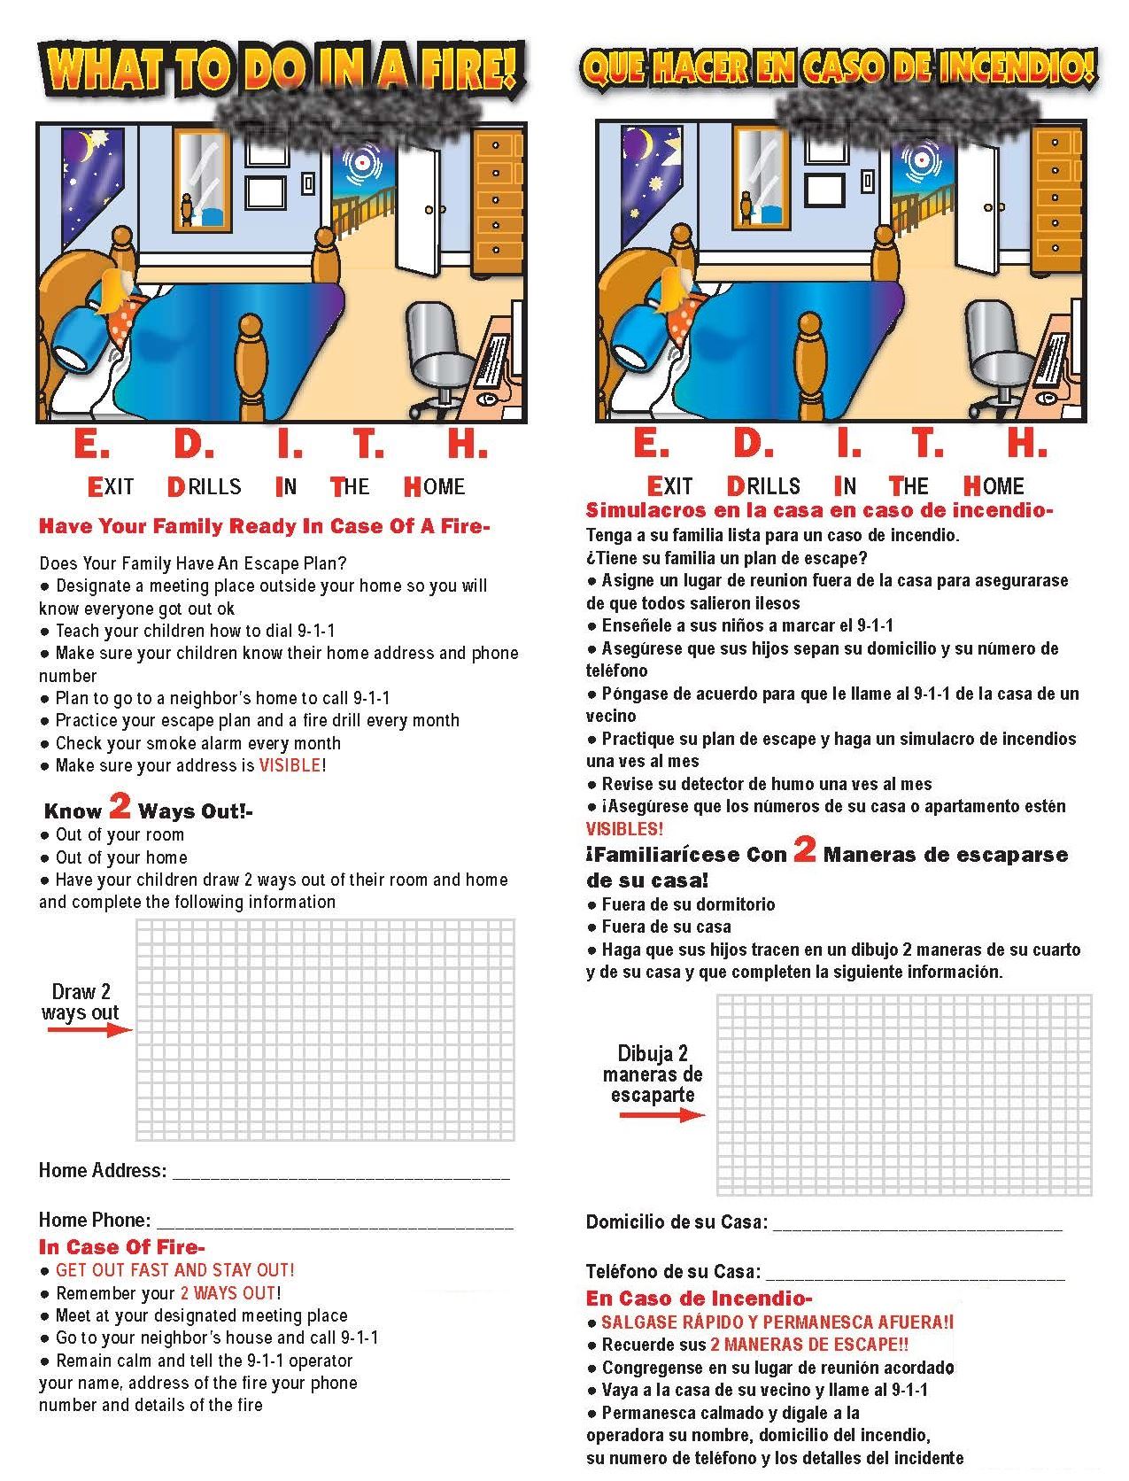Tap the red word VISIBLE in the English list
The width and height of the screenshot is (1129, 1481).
290,765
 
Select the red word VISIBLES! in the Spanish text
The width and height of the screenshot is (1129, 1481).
624,829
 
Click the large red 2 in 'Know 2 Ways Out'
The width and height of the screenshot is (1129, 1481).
120,806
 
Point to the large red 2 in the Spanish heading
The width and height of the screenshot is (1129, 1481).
804,850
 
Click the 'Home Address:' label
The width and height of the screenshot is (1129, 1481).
102,1170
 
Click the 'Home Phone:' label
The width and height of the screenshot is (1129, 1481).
94,1220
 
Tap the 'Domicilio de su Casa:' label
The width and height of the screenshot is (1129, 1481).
677,1222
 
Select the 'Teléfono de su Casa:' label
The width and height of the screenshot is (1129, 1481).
673,1272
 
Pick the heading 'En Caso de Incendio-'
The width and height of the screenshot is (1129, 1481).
699,1299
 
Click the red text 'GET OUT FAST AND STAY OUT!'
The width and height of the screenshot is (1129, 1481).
174,1270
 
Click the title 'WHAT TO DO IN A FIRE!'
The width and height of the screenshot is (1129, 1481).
282,69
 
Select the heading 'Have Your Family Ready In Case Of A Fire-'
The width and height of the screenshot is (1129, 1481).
264,526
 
